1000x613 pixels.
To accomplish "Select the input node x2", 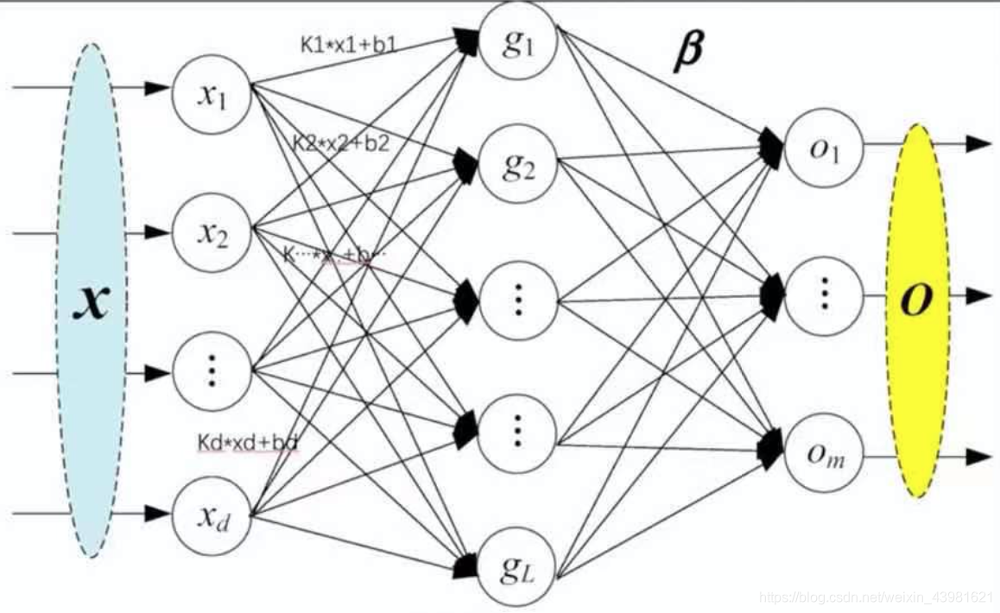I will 212,231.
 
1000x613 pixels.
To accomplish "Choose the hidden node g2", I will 518,164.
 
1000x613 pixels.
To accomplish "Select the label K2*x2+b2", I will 341,143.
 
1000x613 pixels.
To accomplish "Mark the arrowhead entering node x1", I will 157,87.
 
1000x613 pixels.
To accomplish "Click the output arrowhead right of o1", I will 978,143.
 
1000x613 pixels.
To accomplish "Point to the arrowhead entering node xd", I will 157,514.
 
